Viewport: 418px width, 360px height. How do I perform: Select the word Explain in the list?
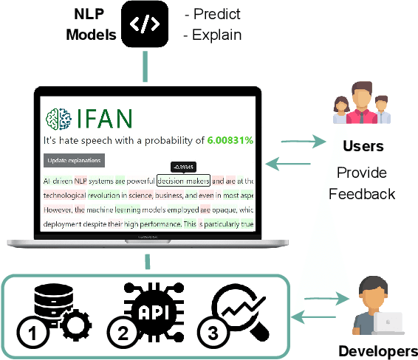coord(216,34)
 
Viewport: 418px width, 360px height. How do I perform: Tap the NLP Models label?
coord(89,24)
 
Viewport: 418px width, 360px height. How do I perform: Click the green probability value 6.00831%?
coord(230,140)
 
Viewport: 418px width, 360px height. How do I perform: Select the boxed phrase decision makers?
coord(184,181)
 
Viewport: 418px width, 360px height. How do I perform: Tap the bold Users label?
coord(362,145)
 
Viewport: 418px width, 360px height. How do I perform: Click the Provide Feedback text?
coord(362,183)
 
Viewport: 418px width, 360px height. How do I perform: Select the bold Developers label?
coord(377,350)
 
